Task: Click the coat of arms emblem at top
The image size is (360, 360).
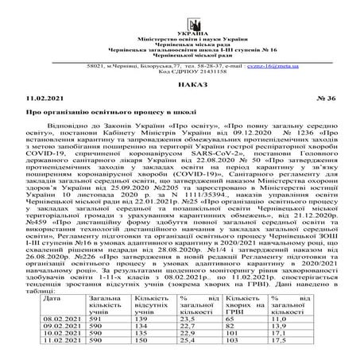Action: (x=180, y=10)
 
